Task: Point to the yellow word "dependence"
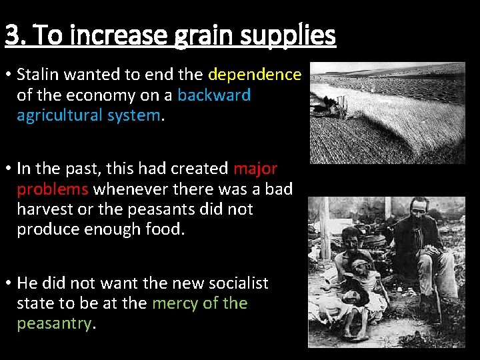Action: [x=255, y=74]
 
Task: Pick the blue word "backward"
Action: [x=214, y=95]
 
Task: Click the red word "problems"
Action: [x=53, y=189]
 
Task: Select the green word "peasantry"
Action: [x=53, y=324]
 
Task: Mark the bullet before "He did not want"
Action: [x=8, y=283]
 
